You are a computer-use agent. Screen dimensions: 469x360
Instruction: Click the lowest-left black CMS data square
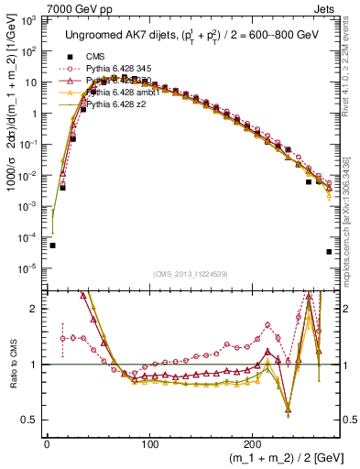[x=52, y=245]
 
